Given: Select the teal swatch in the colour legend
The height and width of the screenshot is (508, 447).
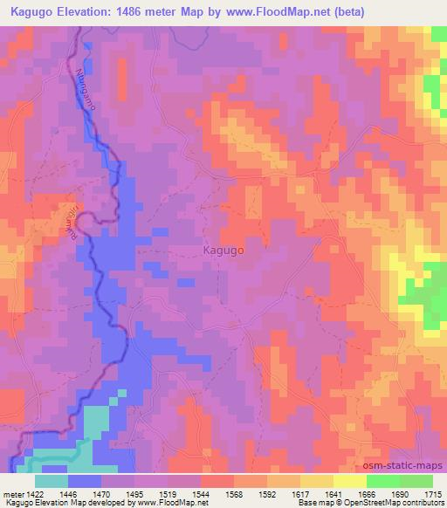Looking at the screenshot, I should coord(52,481).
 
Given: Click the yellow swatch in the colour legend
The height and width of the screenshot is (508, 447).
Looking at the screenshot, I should coord(350,481).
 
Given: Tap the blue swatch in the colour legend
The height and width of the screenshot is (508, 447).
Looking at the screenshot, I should coord(85,481).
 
